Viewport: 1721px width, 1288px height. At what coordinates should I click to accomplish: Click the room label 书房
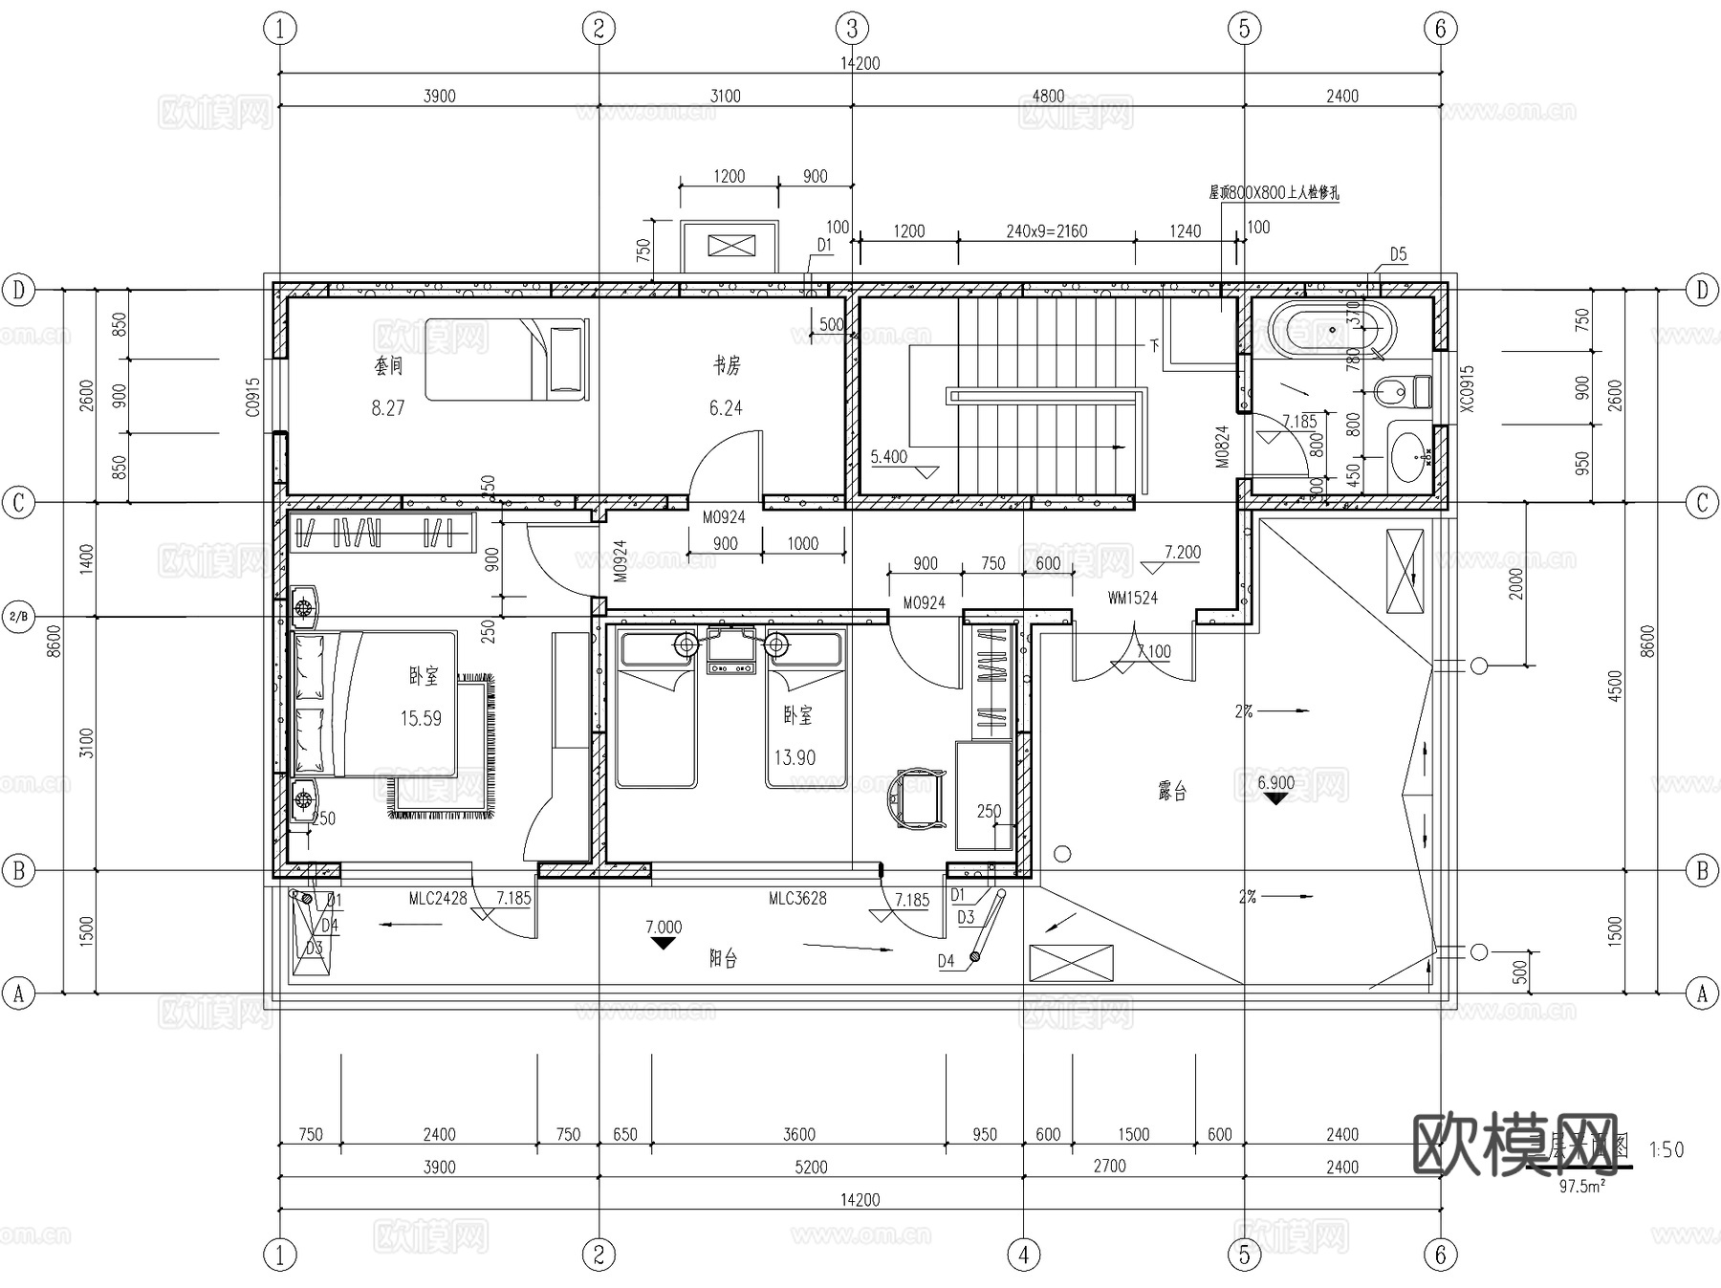point(727,365)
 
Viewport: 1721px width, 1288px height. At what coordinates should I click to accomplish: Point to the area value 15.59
point(421,718)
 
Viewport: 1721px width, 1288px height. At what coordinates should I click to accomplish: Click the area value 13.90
point(795,758)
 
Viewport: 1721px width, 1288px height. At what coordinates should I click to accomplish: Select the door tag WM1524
point(1132,598)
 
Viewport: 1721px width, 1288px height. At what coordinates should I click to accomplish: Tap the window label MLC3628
point(797,898)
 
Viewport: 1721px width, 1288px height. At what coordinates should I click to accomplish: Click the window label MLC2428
point(438,898)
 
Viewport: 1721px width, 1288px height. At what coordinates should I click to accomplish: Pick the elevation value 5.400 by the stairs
point(888,457)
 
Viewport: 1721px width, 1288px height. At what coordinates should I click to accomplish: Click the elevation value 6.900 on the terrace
point(1275,782)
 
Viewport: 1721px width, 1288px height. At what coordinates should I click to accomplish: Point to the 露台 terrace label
point(1172,792)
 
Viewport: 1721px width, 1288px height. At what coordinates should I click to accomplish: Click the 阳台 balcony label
point(723,958)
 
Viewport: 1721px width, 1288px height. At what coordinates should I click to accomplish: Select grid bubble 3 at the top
point(852,29)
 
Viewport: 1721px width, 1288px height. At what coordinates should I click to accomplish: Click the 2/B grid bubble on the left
point(18,617)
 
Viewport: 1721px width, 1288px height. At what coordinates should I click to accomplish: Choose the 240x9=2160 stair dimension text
point(1046,231)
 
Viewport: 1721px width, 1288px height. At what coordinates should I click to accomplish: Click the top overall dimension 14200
point(860,63)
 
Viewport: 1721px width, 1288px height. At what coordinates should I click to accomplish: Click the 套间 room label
point(388,365)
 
